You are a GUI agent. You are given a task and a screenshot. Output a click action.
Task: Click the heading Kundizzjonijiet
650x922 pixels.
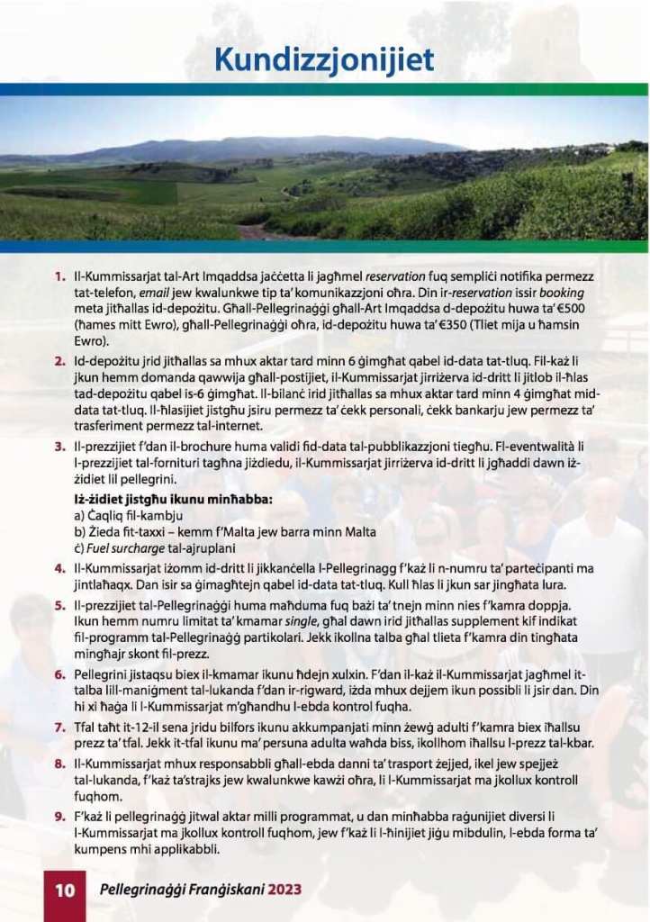[x=324, y=59]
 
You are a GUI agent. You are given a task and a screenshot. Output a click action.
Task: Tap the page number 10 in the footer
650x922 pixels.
[x=65, y=890]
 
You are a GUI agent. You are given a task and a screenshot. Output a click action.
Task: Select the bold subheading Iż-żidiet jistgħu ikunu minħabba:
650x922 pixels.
[x=173, y=498]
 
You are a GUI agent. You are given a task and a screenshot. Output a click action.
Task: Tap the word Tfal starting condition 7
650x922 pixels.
[x=88, y=727]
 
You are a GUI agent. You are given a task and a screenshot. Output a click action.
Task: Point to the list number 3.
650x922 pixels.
[x=60, y=445]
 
